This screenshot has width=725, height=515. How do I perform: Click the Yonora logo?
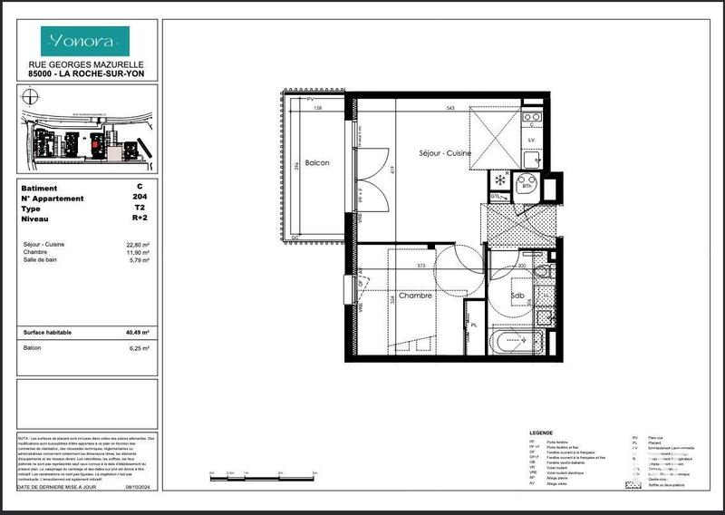point(86,40)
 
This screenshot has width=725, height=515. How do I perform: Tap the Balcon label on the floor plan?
point(316,163)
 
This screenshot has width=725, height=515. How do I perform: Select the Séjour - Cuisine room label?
point(444,154)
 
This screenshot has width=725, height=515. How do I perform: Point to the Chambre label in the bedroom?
point(414,296)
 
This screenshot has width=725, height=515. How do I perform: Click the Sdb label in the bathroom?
point(517,296)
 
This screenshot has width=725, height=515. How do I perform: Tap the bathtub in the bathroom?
point(517,342)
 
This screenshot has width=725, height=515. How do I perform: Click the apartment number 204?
point(140,199)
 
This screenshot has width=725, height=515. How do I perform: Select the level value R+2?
point(140,219)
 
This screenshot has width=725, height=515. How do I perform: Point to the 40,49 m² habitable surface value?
point(137,333)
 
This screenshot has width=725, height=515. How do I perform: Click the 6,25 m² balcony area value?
point(138,348)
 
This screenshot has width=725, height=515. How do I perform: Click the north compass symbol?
point(32,95)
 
